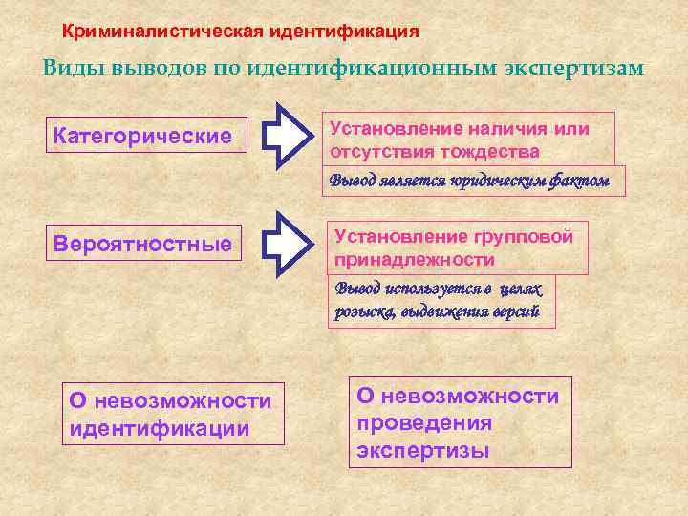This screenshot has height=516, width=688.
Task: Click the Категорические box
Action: pyautogui.click(x=145, y=136)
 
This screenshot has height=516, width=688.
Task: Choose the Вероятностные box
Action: pyautogui.click(x=145, y=245)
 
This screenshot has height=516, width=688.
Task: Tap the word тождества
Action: pyautogui.click(x=488, y=152)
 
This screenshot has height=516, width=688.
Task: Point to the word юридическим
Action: pyautogui.click(x=499, y=180)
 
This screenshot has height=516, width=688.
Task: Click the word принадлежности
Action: pyautogui.click(x=414, y=260)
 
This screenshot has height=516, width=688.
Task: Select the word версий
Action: pyautogui.click(x=517, y=312)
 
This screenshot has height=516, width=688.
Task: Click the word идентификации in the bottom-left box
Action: pyautogui.click(x=160, y=428)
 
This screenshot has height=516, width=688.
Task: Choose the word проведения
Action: pyautogui.click(x=424, y=422)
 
